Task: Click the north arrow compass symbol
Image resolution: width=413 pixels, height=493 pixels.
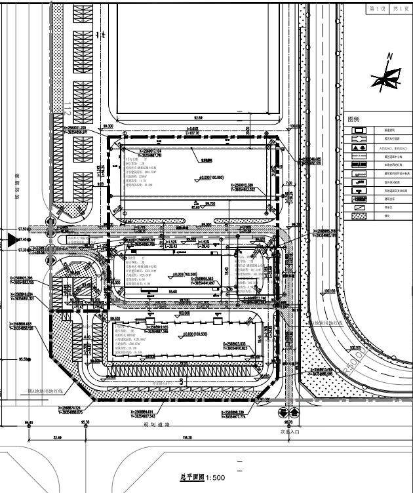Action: pos(382,79)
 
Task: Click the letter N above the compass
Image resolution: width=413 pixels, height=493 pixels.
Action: pos(389,57)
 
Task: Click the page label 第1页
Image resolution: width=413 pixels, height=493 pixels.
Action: pos(376,9)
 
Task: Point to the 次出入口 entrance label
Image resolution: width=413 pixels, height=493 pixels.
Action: pos(289,433)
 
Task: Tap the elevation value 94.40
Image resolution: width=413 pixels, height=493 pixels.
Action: pos(29,423)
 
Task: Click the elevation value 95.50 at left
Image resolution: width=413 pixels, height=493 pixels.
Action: pos(24,359)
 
